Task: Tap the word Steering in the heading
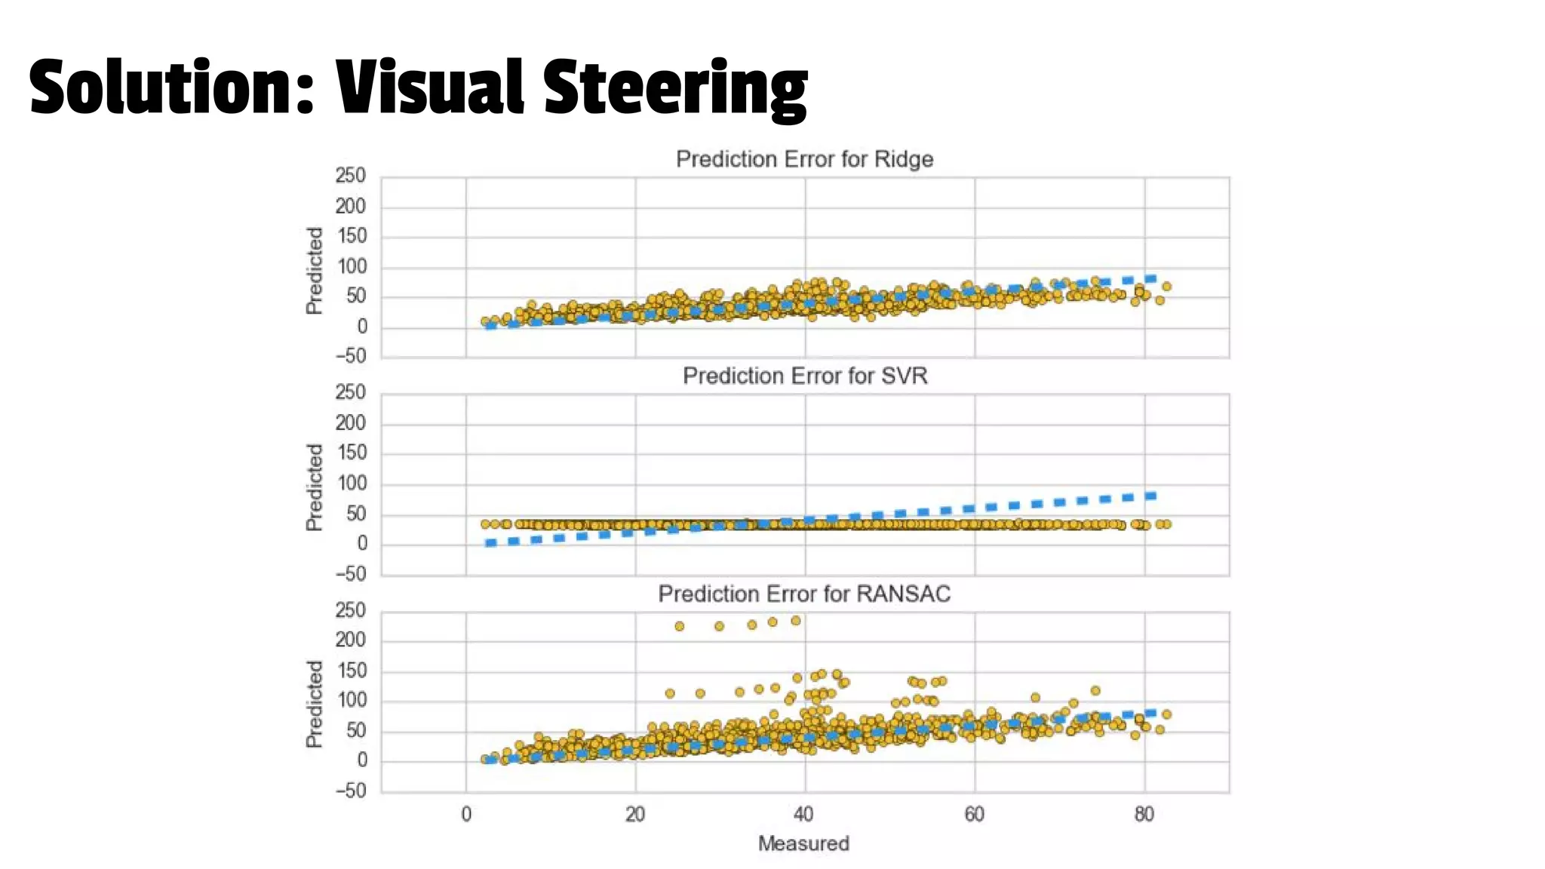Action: click(x=674, y=88)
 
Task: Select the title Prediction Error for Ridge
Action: click(x=804, y=159)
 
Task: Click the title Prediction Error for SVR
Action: click(x=804, y=376)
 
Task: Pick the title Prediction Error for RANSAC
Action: click(x=804, y=594)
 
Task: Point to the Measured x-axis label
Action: click(x=803, y=843)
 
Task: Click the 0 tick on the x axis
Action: click(x=466, y=815)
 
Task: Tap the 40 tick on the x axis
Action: click(x=804, y=815)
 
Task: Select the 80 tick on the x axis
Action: click(x=1144, y=815)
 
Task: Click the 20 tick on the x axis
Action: click(x=635, y=815)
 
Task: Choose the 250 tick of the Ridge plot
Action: click(x=350, y=176)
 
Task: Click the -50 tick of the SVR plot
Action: click(x=350, y=574)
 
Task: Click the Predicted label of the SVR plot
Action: click(x=315, y=487)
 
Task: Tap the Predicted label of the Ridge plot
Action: click(x=315, y=270)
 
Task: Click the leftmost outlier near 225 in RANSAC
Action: click(x=679, y=626)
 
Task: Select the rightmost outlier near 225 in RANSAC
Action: click(x=795, y=621)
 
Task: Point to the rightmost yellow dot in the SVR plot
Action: click(x=1167, y=524)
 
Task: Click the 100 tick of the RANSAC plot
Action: click(x=352, y=701)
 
